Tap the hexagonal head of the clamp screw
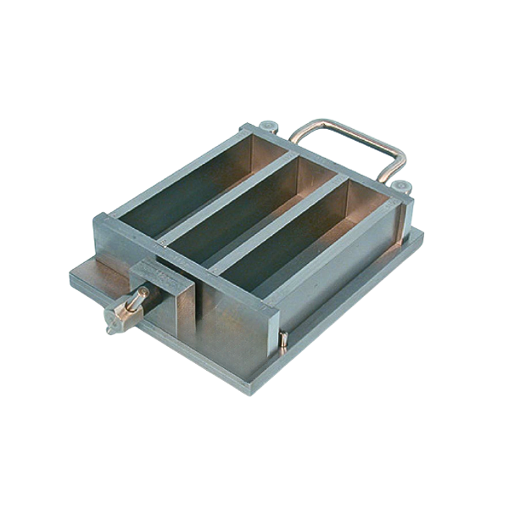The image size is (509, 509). tap(113, 319)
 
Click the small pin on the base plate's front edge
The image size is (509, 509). tap(284, 338)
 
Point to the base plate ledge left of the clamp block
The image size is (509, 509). tap(93, 276)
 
